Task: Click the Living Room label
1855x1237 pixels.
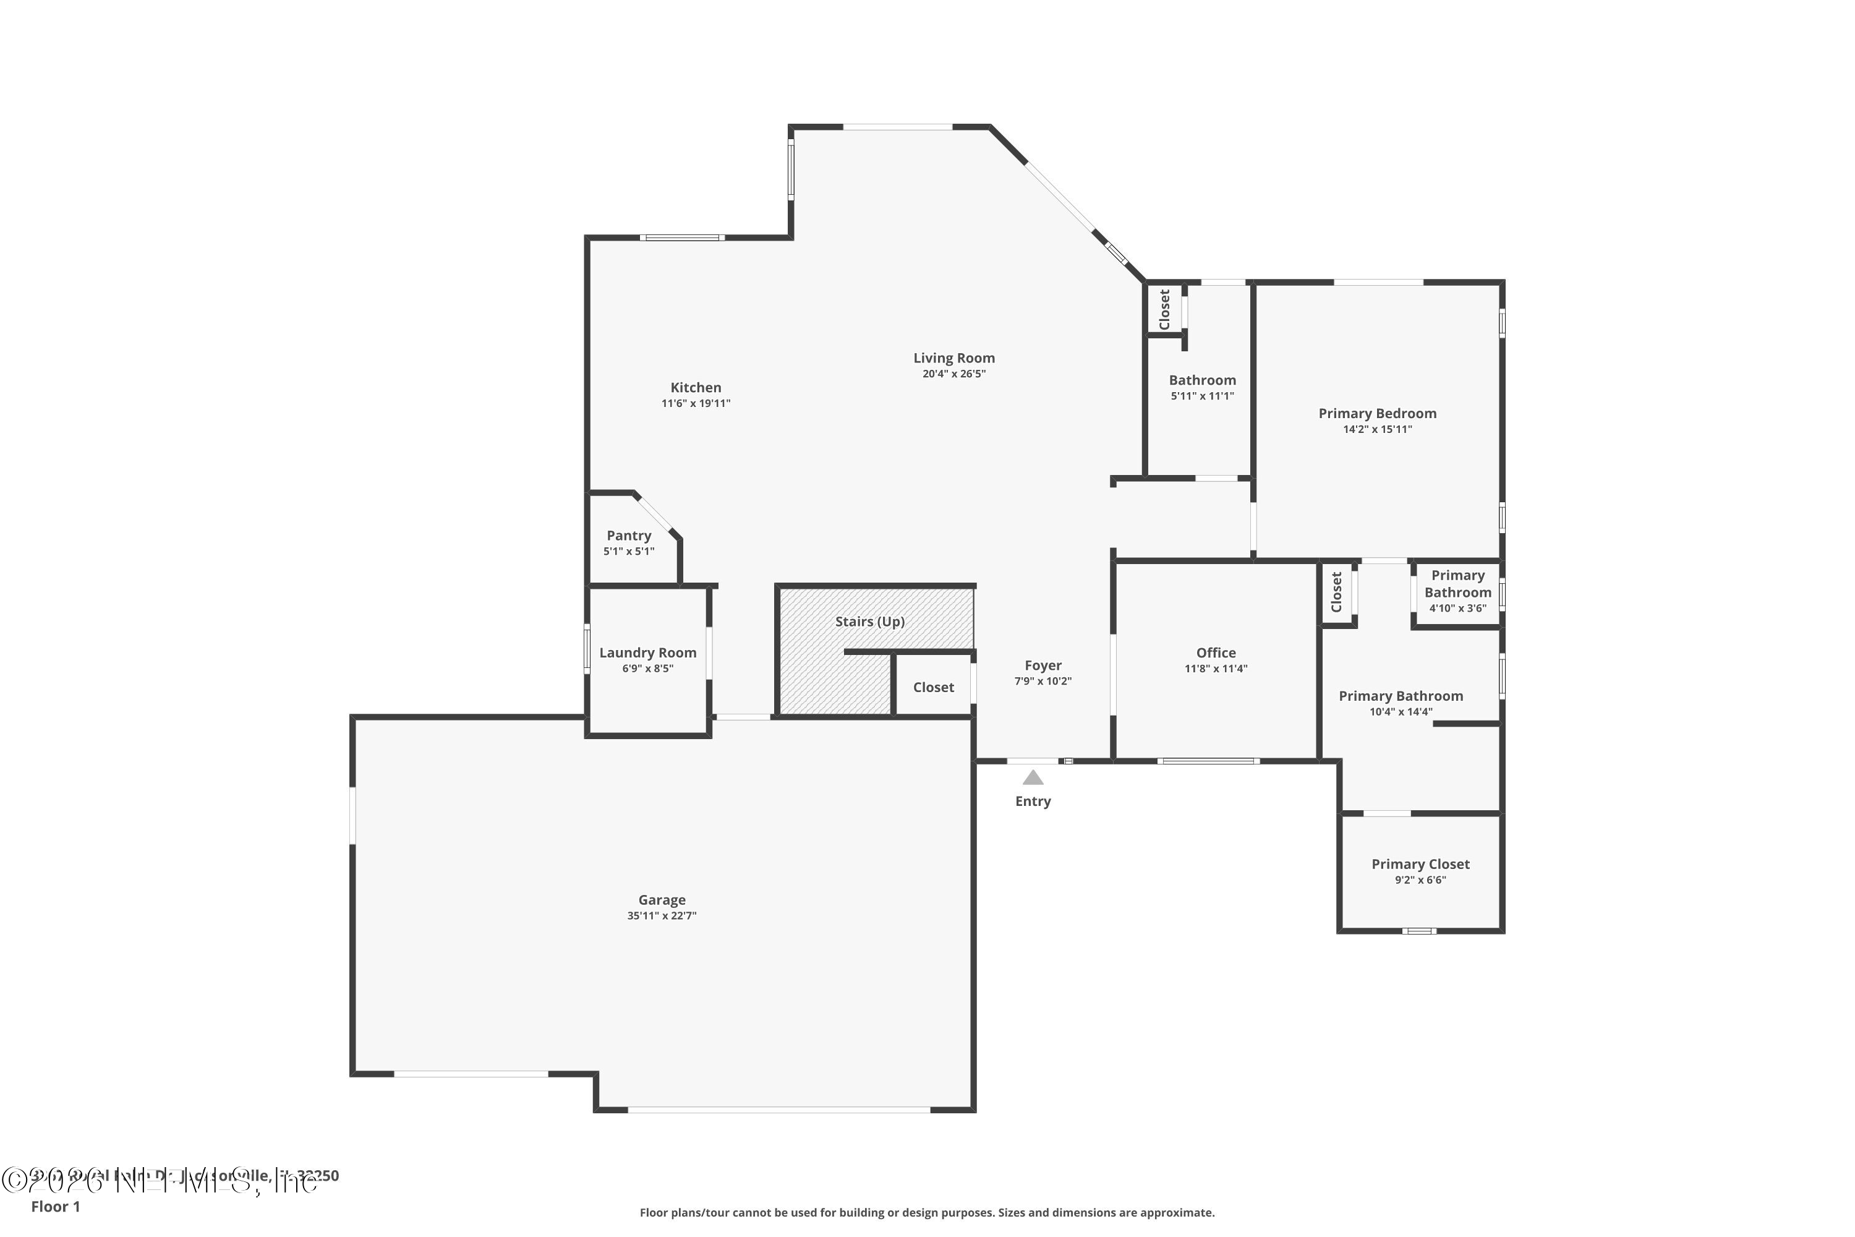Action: click(x=953, y=358)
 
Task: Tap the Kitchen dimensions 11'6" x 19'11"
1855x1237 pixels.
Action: click(x=696, y=404)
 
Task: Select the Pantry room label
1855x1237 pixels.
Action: click(x=629, y=536)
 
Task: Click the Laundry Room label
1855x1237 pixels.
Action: click(x=647, y=653)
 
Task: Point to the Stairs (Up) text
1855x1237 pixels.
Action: click(x=870, y=622)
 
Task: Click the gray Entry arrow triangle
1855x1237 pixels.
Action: click(x=1033, y=779)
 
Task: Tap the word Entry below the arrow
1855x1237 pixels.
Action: click(x=1033, y=802)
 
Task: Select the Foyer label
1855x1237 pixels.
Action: click(x=1043, y=666)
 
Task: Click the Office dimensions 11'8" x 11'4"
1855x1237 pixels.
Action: click(x=1216, y=669)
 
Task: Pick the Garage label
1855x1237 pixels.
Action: click(x=662, y=900)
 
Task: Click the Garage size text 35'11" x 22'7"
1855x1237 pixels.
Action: click(x=662, y=916)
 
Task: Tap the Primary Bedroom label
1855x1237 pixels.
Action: click(x=1377, y=413)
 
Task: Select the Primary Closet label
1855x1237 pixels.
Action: click(x=1420, y=864)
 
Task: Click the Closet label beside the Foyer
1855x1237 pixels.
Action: click(x=933, y=688)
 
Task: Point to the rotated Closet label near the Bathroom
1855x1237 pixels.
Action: click(x=1164, y=309)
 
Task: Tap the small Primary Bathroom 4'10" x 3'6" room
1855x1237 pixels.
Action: click(x=1457, y=592)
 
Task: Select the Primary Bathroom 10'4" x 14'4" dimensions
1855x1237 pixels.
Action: click(x=1401, y=713)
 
